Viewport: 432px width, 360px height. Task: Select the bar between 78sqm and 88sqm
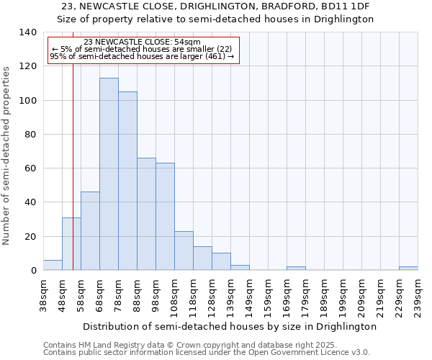click(127, 181)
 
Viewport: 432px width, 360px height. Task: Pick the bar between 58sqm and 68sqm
click(90, 231)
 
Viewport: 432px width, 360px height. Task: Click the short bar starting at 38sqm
click(53, 265)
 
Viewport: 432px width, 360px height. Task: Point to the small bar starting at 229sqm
click(408, 269)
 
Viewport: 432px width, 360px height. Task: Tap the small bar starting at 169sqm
click(296, 269)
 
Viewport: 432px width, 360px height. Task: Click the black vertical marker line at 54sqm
click(73, 180)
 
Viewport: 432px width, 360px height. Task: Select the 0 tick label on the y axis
click(33, 271)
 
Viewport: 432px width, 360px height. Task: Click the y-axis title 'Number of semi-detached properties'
click(7, 155)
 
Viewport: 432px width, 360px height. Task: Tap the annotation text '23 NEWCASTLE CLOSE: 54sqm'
click(142, 42)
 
